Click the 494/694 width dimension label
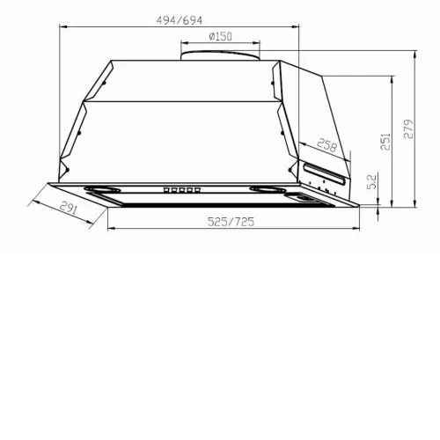(180, 20)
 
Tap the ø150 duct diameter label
(220, 36)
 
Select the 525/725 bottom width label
(231, 222)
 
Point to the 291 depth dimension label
(69, 208)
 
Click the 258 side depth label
(327, 145)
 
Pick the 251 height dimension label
(385, 142)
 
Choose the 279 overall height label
(408, 128)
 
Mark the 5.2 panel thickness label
(371, 182)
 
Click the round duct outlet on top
(220, 55)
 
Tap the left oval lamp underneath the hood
(102, 189)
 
